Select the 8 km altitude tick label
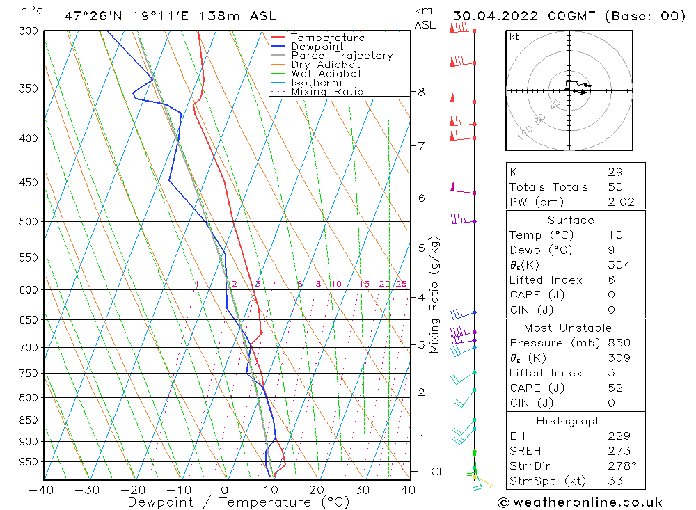pos(421,92)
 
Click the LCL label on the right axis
pos(434,472)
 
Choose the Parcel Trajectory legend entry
pos(342,56)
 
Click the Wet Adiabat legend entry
pos(326,74)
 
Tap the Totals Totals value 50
pos(615,187)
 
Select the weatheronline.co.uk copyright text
pos(579,502)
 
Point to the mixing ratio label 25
pos(401,284)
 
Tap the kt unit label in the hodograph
pos(514,37)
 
